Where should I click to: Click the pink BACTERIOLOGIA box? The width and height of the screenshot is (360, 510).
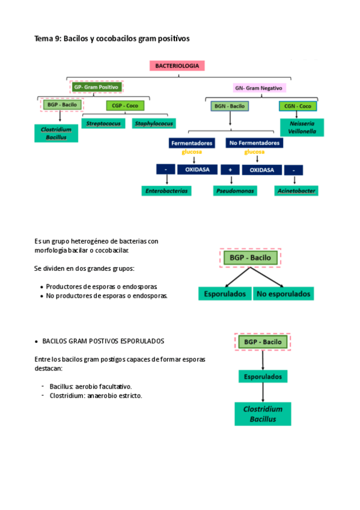pos(177,66)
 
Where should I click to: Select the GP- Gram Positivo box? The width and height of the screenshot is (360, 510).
pos(97,87)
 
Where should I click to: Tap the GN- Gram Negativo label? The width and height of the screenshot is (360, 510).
pos(258,88)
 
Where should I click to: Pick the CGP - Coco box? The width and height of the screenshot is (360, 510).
pos(125,106)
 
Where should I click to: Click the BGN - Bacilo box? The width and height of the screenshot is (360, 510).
pos(230,106)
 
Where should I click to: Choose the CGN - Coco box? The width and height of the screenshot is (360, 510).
pos(297,106)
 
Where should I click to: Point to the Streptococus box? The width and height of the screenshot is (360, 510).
pos(103,123)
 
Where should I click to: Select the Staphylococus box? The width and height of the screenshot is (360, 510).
pos(154,123)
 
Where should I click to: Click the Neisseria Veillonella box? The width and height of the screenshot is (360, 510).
pos(302,127)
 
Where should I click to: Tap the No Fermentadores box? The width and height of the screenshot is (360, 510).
pos(254,143)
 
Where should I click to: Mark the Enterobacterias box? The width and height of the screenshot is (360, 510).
pos(166,191)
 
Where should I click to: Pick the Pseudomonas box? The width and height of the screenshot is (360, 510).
pos(235,191)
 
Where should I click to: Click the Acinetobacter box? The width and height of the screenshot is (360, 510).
pos(296,191)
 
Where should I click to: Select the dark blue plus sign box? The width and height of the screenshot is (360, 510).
pos(230,170)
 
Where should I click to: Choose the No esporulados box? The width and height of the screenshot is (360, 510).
pos(283,293)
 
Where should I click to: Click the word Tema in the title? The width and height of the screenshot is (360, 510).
pos(43,38)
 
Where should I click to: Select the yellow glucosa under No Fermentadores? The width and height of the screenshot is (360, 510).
pos(254,152)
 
